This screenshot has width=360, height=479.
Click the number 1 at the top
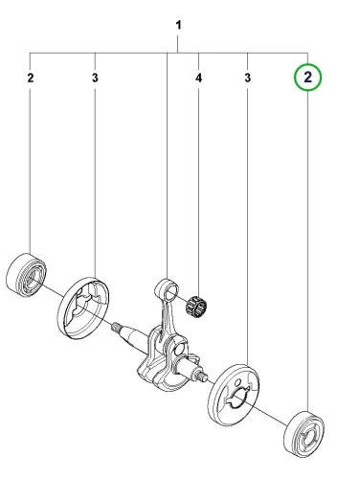[179, 25]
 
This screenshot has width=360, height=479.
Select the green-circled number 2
[308, 78]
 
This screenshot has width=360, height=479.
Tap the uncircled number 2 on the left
[31, 78]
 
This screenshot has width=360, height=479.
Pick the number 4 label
[198, 78]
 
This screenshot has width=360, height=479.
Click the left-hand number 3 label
[95, 78]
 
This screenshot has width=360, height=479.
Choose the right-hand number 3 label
[248, 78]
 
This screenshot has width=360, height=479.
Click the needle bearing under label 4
[196, 306]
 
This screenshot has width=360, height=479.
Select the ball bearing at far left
[26, 275]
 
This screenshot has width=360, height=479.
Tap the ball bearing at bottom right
[304, 434]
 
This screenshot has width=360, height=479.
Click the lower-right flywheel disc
[234, 395]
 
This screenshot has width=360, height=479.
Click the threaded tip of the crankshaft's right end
[202, 376]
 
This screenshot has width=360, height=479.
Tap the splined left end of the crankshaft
[116, 328]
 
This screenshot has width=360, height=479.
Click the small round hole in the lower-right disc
[237, 382]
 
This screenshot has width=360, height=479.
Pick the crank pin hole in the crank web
[179, 352]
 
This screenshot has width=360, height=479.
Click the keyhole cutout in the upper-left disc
[80, 304]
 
